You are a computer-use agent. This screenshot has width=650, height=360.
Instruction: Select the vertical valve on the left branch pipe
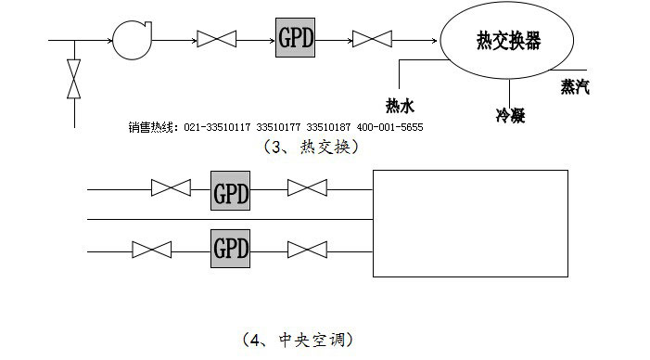tap(74, 79)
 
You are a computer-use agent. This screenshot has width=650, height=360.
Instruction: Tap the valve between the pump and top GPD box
tap(219, 39)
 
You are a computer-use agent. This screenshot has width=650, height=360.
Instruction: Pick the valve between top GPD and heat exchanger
tap(374, 39)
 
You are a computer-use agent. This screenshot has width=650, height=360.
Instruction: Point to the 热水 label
tap(400, 106)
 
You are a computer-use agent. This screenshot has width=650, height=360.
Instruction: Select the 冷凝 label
tap(511, 116)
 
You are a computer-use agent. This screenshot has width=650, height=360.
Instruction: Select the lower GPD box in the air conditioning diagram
tap(231, 249)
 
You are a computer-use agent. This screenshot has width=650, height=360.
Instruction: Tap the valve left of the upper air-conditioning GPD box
tap(171, 189)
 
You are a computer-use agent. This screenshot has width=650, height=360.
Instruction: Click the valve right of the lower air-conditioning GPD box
tap(306, 250)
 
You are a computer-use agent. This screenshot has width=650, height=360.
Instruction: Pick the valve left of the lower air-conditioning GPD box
tap(151, 250)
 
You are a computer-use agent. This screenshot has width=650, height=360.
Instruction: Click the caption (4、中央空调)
tap(297, 340)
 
